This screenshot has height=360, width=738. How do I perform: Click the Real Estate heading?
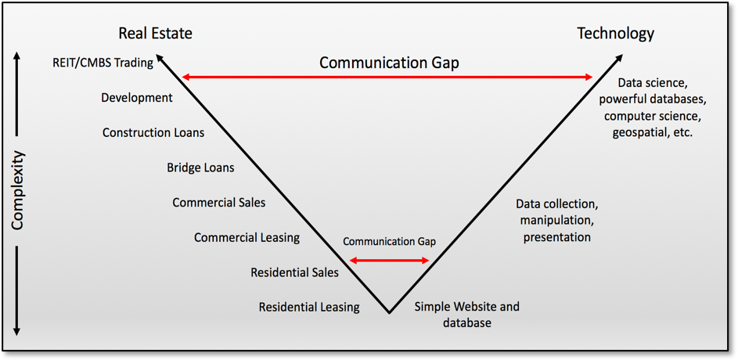(155, 34)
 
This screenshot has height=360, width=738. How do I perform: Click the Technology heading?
(616, 34)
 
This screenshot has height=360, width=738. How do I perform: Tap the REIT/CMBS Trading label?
(103, 63)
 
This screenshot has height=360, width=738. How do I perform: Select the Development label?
(137, 98)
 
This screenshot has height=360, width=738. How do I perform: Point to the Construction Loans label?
(153, 133)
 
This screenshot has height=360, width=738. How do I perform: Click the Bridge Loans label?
(200, 167)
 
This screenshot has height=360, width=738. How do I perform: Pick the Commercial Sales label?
(219, 203)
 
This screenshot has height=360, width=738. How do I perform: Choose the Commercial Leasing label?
(247, 238)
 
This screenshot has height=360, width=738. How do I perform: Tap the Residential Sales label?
(294, 272)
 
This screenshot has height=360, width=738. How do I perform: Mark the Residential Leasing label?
(309, 308)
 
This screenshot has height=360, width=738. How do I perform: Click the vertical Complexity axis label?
(17, 190)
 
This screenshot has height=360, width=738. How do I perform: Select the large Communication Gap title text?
(389, 63)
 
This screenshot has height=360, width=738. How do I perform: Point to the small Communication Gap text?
(389, 242)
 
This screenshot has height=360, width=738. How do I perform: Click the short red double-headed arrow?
(390, 261)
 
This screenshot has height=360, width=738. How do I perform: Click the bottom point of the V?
(389, 313)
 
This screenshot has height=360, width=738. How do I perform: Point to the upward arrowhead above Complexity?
(17, 56)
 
